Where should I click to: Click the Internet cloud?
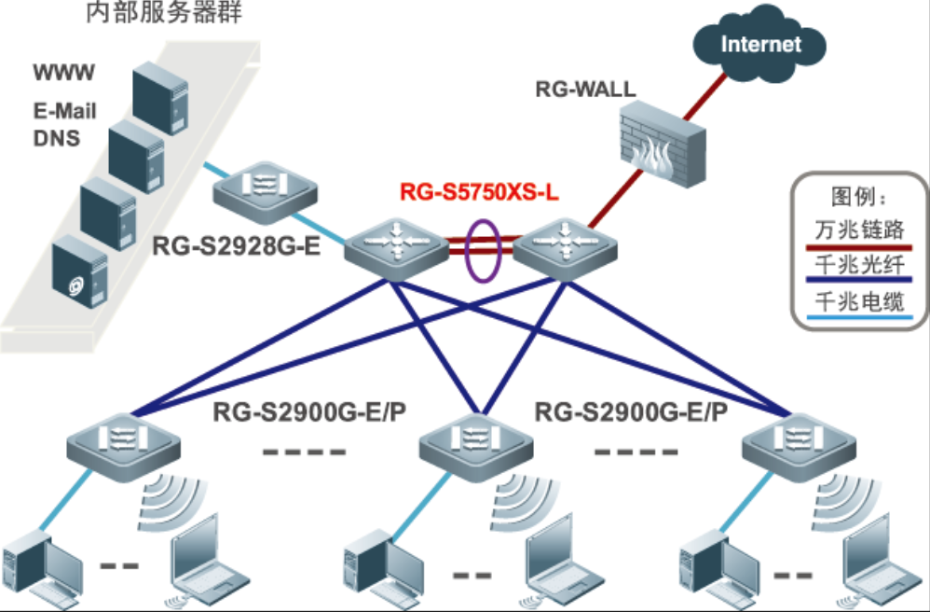coord(760,44)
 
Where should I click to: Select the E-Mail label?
coord(64,112)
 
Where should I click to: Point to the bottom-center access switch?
coord(469,446)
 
